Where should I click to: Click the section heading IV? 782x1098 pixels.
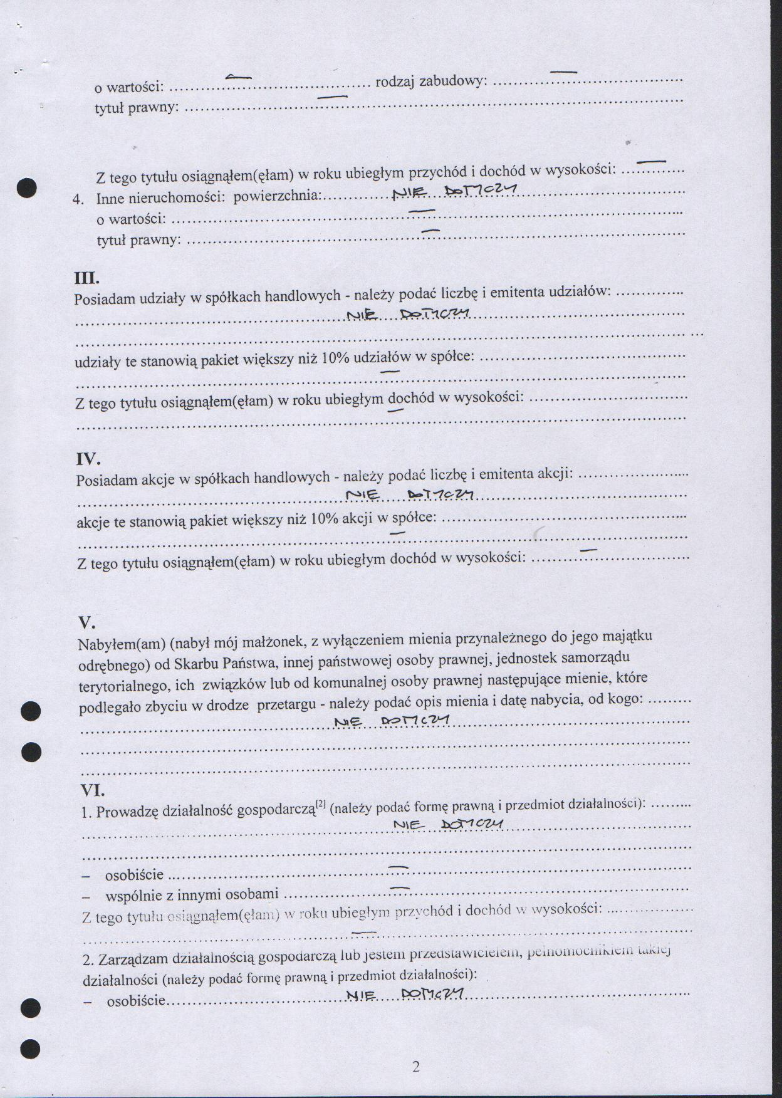point(88,459)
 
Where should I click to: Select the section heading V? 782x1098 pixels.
point(86,623)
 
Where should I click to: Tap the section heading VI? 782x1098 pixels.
point(92,790)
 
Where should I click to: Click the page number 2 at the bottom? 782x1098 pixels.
point(416,1067)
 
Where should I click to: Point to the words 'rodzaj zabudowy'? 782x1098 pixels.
point(430,82)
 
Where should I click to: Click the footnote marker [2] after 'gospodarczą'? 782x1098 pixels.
point(321,804)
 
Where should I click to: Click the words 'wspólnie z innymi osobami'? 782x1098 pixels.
point(192,894)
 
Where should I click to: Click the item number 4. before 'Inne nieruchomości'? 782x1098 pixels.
point(78,199)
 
